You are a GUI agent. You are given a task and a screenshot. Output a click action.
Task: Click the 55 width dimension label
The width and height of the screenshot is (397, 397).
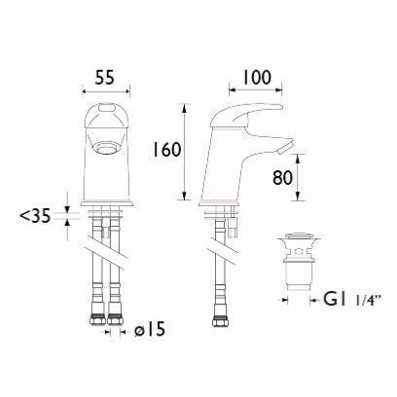[x=105, y=78]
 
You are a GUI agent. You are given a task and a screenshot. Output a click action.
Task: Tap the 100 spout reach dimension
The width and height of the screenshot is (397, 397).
[x=256, y=78]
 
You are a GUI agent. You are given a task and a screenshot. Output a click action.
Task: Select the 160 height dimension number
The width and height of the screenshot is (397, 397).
[x=166, y=150]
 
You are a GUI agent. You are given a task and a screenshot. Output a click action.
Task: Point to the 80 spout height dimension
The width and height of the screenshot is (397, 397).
[x=282, y=178]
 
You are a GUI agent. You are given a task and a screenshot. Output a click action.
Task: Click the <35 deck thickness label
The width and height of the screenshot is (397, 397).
[x=36, y=216]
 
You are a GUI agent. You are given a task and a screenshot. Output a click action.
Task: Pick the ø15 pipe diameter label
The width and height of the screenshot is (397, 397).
[x=150, y=330]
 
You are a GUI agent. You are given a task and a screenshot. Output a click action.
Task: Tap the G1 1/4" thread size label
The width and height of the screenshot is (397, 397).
[x=351, y=300]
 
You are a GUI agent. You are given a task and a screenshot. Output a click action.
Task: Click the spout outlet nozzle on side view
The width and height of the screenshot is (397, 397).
[x=286, y=148]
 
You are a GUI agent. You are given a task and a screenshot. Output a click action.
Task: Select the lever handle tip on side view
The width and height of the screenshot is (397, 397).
[x=278, y=108]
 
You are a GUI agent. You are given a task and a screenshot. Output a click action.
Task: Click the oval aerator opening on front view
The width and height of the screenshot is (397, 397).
[x=105, y=148]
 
